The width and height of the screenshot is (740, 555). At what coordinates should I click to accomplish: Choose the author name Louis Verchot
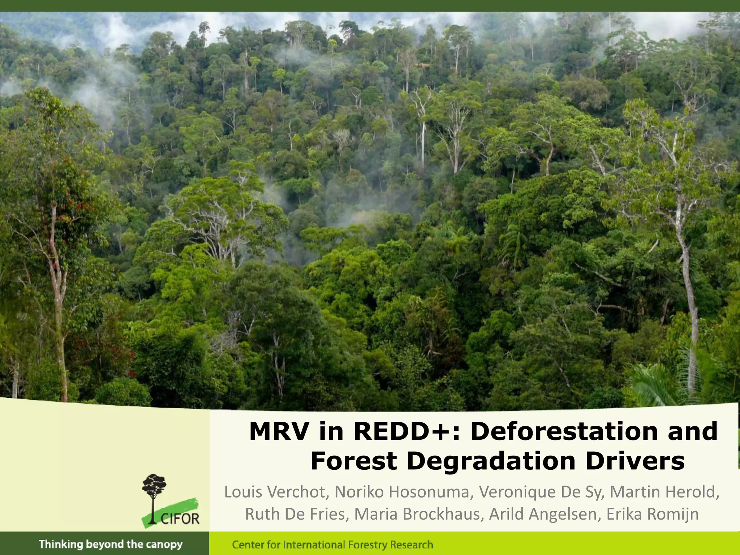point(275,492)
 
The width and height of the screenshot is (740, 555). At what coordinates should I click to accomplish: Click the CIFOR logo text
point(180,519)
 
